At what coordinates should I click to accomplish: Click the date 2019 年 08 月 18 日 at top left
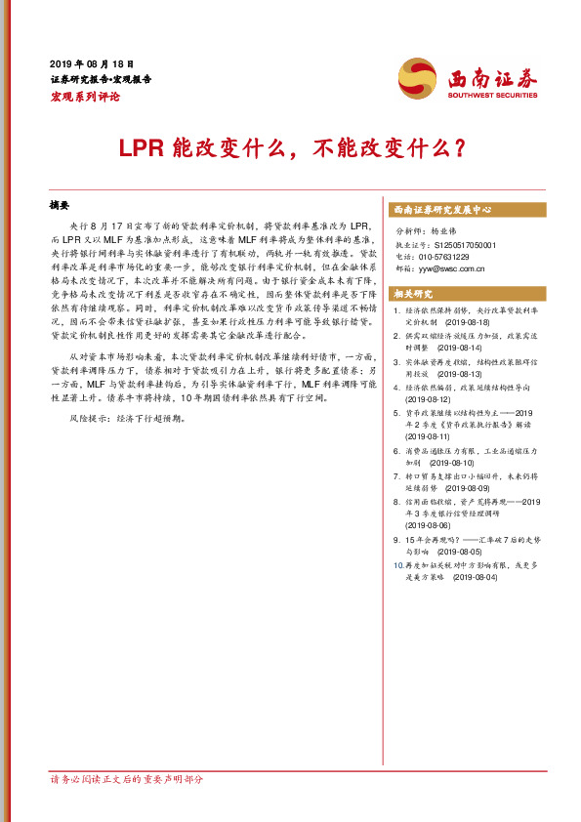pyautogui.click(x=92, y=62)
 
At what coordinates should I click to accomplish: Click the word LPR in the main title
pyautogui.click(x=137, y=148)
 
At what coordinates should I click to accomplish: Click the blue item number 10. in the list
pyautogui.click(x=395, y=565)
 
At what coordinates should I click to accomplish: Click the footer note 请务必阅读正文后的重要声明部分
pyautogui.click(x=126, y=780)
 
